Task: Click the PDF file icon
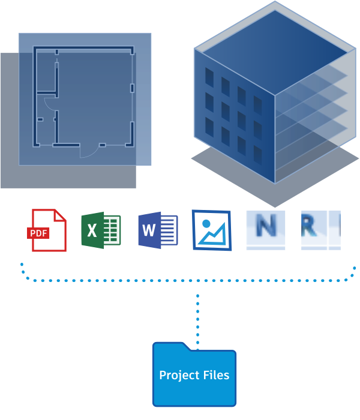(47, 230)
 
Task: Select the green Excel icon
(101, 230)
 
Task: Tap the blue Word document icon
(158, 230)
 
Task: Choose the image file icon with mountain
(212, 230)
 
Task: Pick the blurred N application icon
(265, 230)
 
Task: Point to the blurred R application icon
(320, 230)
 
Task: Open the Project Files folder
(194, 375)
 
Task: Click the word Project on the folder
(176, 376)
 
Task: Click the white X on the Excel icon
(92, 230)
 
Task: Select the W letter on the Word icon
(149, 230)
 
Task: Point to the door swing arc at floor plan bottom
(88, 151)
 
